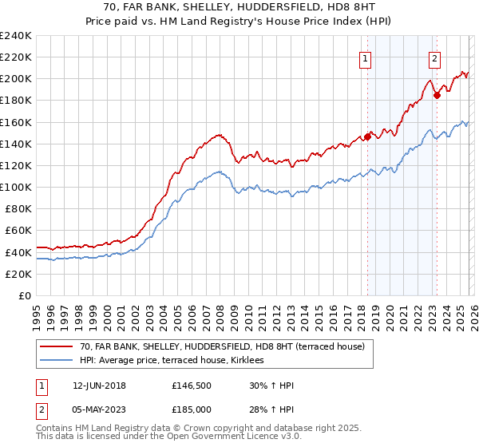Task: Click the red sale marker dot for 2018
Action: click(367, 136)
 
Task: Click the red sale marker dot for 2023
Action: click(437, 95)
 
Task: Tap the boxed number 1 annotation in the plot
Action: click(365, 57)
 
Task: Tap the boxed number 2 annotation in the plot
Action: click(434, 57)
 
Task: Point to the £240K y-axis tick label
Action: click(16, 36)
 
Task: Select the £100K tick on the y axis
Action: click(16, 187)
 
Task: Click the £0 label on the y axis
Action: click(24, 295)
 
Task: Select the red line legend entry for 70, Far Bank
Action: click(222, 346)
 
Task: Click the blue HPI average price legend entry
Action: click(177, 361)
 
